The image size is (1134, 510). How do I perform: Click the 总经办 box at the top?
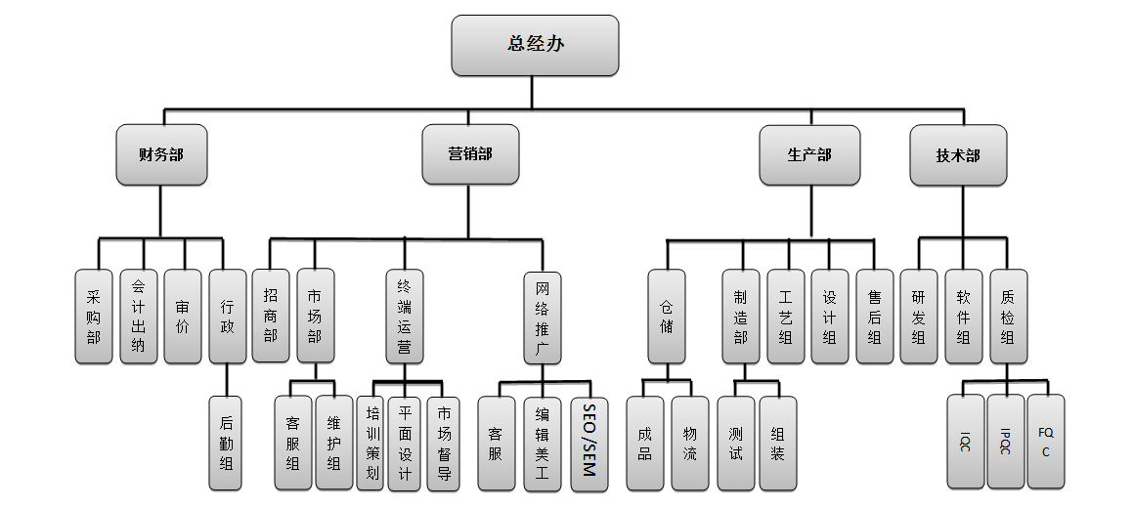point(535,45)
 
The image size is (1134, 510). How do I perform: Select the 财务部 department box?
point(162,154)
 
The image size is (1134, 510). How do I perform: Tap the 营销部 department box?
point(470,154)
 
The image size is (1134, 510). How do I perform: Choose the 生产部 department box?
point(809,154)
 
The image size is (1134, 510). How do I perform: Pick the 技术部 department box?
point(958,154)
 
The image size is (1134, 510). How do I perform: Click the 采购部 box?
point(94,317)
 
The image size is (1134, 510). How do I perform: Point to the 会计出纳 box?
point(139,317)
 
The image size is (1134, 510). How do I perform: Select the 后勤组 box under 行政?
point(227,442)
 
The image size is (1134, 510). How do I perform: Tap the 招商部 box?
point(271,317)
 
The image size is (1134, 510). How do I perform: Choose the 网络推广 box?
point(543,318)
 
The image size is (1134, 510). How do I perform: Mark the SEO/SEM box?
point(589,443)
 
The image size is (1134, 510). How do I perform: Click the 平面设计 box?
point(406,443)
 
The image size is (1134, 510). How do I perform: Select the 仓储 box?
point(666,317)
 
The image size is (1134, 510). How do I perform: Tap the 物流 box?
point(689,443)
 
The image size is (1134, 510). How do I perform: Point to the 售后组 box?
point(874,317)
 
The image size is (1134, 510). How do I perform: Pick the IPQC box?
point(1006,442)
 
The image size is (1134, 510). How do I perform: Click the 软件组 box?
point(963,317)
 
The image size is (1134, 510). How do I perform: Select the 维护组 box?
point(334,443)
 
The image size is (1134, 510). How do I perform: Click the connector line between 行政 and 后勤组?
point(227,379)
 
